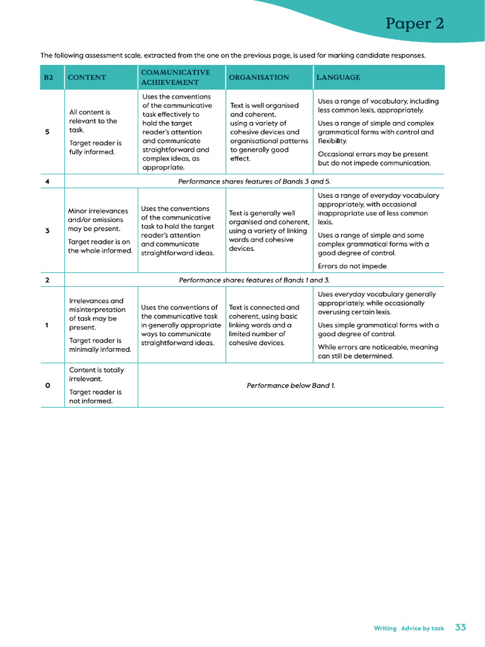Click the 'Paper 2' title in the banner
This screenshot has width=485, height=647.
[414, 24]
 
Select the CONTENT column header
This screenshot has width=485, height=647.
[87, 78]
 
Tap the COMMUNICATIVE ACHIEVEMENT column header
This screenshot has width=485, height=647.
[176, 77]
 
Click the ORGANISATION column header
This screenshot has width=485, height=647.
[258, 78]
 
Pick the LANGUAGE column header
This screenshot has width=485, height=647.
[338, 78]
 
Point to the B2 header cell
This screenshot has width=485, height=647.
[48, 78]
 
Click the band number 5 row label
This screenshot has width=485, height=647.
[47, 132]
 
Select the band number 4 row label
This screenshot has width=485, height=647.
[47, 181]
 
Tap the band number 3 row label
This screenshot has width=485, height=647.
[47, 231]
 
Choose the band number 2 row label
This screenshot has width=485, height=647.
[47, 280]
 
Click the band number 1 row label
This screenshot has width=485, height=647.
[47, 325]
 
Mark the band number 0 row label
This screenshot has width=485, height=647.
[47, 385]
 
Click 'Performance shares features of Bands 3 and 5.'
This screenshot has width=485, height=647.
[254, 181]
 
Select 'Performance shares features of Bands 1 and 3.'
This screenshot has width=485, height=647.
[254, 280]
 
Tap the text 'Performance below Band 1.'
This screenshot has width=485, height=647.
[290, 385]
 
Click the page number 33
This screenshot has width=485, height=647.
[460, 627]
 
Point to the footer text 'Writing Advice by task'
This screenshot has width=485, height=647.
[409, 628]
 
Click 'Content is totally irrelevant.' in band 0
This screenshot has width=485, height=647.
[96, 374]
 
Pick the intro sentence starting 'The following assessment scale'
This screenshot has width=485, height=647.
[233, 56]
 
